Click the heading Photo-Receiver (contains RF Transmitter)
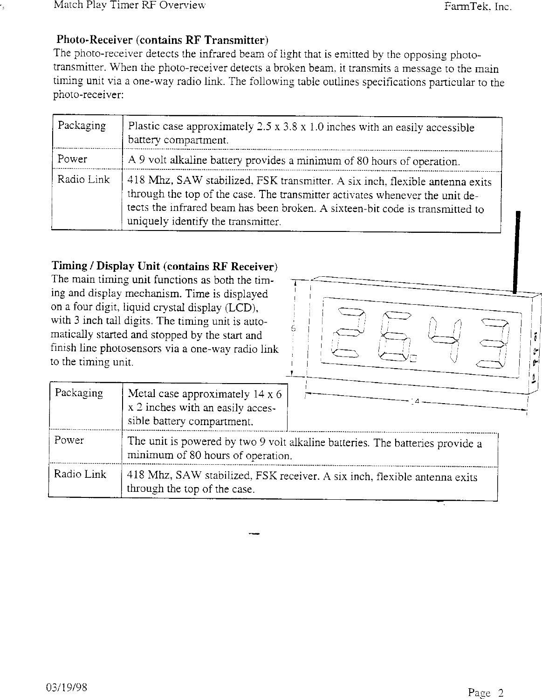pyautogui.click(x=162, y=39)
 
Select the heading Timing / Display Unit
pyautogui.click(x=164, y=266)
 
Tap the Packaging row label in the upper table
pyautogui.click(x=82, y=126)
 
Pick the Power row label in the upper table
pyautogui.click(x=72, y=159)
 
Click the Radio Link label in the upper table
pyautogui.click(x=83, y=180)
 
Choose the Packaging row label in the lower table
pyautogui.click(x=79, y=393)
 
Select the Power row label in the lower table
pyautogui.click(x=69, y=440)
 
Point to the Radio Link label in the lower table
pyautogui.click(x=80, y=475)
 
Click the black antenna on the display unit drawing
pyautogui.click(x=516, y=252)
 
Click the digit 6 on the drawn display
pyautogui.click(x=392, y=336)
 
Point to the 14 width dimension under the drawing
pyautogui.click(x=417, y=401)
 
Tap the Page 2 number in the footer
pyautogui.click(x=486, y=692)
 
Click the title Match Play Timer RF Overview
pyautogui.click(x=130, y=6)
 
